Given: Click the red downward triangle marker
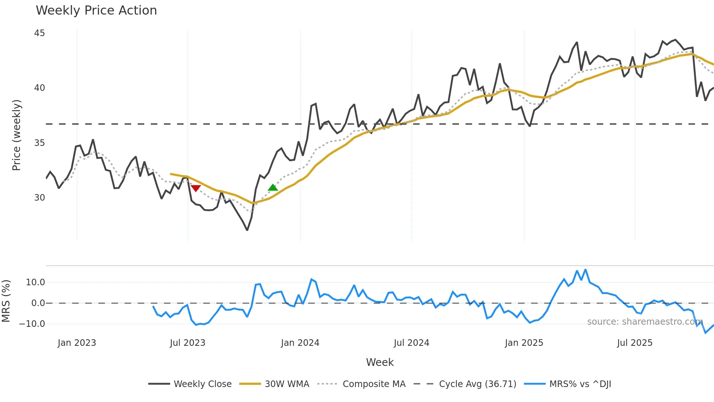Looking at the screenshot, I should (x=196, y=188).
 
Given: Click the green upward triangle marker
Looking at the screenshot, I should (x=273, y=188).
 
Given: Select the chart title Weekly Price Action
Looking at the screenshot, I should (x=96, y=11).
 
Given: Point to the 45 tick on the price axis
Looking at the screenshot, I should (x=39, y=33).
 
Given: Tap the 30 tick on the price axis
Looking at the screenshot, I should (x=39, y=198).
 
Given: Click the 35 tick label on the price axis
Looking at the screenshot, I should (x=39, y=143).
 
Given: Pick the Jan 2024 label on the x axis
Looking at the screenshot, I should (x=300, y=343).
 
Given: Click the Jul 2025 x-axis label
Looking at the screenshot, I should (x=635, y=343).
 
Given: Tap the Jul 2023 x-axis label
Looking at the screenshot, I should (x=188, y=343).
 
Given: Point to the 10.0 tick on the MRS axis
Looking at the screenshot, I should (x=35, y=282).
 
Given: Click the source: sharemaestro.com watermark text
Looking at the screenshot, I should (x=645, y=322).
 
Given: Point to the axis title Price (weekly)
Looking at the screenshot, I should (x=16, y=135).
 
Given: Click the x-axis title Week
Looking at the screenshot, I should (x=380, y=362).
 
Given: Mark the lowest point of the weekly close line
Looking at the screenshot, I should (x=247, y=230).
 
